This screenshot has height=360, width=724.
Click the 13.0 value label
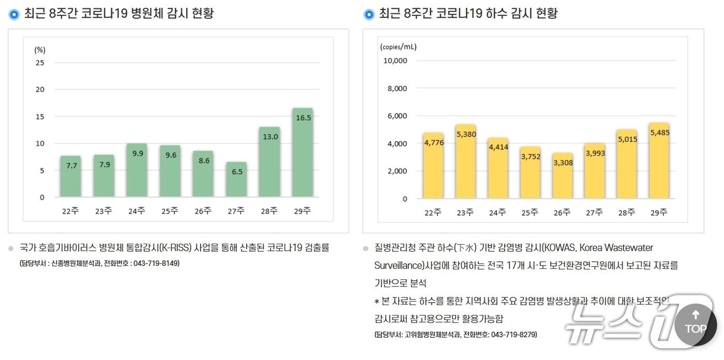pyautogui.click(x=269, y=137)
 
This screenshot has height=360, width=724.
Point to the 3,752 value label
pyautogui.click(x=530, y=157)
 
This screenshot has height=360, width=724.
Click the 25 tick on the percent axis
pyautogui.click(x=40, y=63)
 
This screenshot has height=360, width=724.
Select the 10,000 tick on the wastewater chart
pyautogui.click(x=395, y=61)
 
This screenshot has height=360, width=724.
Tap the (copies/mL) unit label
pyautogui.click(x=398, y=47)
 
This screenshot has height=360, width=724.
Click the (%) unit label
pyautogui.click(x=40, y=50)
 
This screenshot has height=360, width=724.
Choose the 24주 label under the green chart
pyautogui.click(x=137, y=211)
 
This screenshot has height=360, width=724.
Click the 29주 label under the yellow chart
pyautogui.click(x=659, y=212)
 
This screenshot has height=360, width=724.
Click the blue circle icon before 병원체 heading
pyautogui.click(x=14, y=14)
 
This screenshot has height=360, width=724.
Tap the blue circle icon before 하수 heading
pyautogui.click(x=369, y=14)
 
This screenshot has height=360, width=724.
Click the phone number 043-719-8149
pyautogui.click(x=156, y=263)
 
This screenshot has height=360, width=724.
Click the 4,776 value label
pyautogui.click(x=433, y=143)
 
